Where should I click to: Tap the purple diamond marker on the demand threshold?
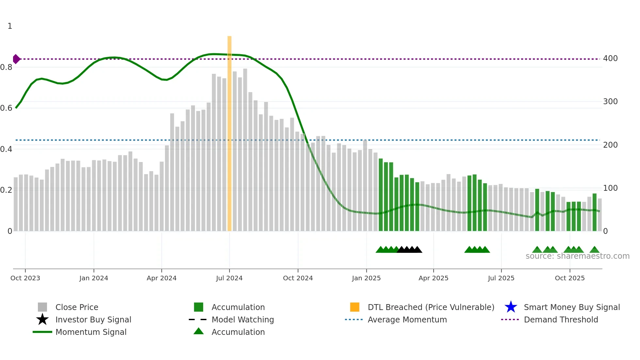(x=16, y=59)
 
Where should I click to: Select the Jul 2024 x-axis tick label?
(x=229, y=278)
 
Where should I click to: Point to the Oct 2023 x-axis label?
(x=25, y=278)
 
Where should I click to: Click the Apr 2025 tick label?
(x=433, y=278)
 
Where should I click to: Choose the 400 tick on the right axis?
(x=610, y=58)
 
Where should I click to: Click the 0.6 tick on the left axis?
(x=6, y=108)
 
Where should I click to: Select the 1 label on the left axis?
(x=10, y=26)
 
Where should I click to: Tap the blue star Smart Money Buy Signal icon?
(x=511, y=307)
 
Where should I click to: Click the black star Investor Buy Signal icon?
(x=42, y=319)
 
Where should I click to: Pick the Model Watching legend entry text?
(x=243, y=319)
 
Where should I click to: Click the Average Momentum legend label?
(x=407, y=319)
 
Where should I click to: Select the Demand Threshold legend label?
(x=561, y=319)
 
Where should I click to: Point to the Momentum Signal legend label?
(x=91, y=332)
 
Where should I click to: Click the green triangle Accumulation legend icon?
(x=199, y=331)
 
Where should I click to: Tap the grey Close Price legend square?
(x=42, y=307)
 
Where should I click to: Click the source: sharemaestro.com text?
(x=577, y=256)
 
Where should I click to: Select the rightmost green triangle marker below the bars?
(x=595, y=250)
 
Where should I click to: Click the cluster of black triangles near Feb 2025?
(x=409, y=250)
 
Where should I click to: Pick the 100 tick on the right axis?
(x=610, y=188)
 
